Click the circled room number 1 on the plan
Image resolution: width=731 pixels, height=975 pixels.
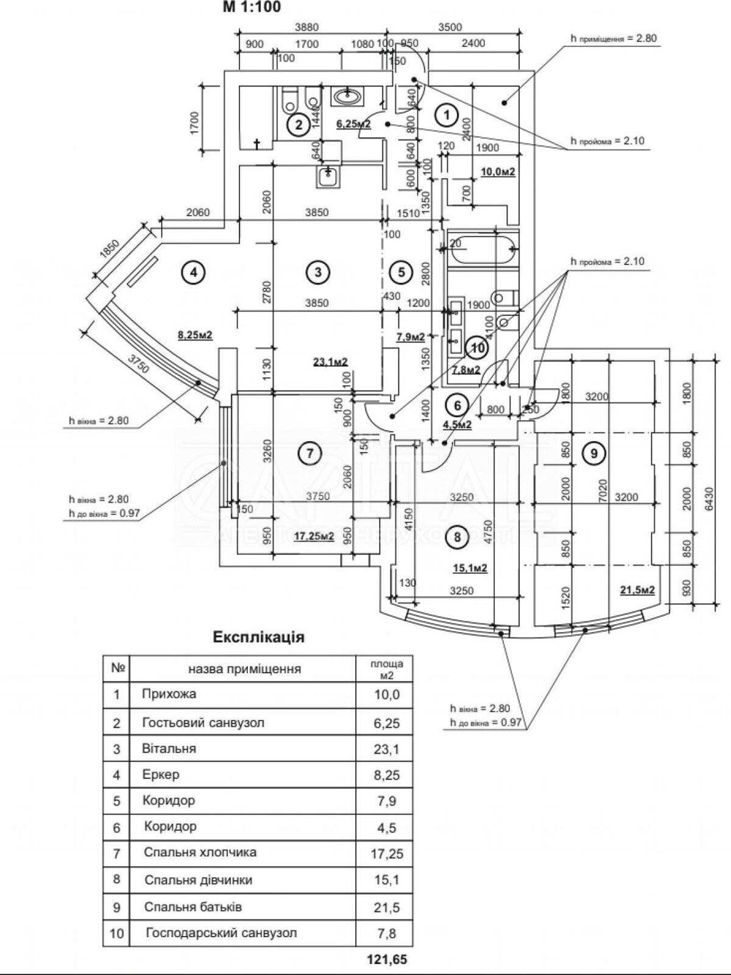(447, 114)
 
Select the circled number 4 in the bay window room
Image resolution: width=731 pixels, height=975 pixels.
(193, 272)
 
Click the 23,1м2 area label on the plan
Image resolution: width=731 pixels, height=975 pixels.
(330, 361)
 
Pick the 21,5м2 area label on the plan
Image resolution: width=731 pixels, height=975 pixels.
(637, 589)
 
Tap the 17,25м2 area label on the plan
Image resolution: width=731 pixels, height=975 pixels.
(314, 536)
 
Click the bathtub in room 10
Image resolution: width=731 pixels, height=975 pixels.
(482, 247)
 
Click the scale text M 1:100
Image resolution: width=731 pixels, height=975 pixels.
(252, 7)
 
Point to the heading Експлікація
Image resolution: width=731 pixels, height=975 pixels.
(258, 637)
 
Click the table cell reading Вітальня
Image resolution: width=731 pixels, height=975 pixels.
(169, 748)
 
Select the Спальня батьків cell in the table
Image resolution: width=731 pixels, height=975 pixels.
(193, 907)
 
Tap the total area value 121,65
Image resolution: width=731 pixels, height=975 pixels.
(386, 960)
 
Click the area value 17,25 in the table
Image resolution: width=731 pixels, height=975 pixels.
(386, 854)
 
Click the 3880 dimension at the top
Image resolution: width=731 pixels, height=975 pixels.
(306, 27)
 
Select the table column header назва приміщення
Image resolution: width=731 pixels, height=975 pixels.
(244, 668)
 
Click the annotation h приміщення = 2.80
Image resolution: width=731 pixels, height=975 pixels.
(613, 38)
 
